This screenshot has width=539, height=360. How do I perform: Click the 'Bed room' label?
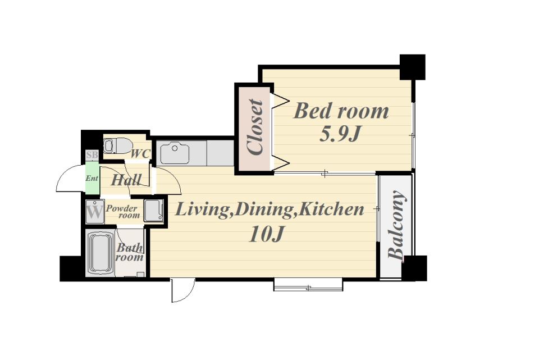pyautogui.click(x=341, y=111)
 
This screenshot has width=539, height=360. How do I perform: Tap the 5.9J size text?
pyautogui.click(x=340, y=134)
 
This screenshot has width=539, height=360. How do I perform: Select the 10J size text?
pyautogui.click(x=266, y=234)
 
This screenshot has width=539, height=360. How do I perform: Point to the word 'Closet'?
pyautogui.click(x=255, y=127)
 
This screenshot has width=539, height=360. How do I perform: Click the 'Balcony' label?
pyautogui.click(x=396, y=225)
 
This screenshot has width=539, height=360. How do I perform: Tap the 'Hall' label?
pyautogui.click(x=126, y=180)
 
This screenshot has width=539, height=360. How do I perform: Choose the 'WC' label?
pyautogui.click(x=140, y=154)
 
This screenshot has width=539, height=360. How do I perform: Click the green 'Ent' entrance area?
pyautogui.click(x=92, y=178)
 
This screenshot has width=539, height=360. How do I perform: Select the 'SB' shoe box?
pyautogui.click(x=92, y=155)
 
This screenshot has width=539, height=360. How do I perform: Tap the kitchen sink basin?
pyautogui.click(x=175, y=153)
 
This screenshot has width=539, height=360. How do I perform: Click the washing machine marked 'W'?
pyautogui.click(x=94, y=211)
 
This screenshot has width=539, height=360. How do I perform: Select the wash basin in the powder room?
pyautogui.click(x=153, y=210)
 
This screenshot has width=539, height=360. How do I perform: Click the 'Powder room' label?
pyautogui.click(x=123, y=212)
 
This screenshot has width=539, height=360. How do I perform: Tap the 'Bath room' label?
pyautogui.click(x=130, y=252)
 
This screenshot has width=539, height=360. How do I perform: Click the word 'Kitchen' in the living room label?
pyautogui.click(x=331, y=209)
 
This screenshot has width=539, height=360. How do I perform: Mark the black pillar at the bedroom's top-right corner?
pyautogui.click(x=413, y=67)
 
